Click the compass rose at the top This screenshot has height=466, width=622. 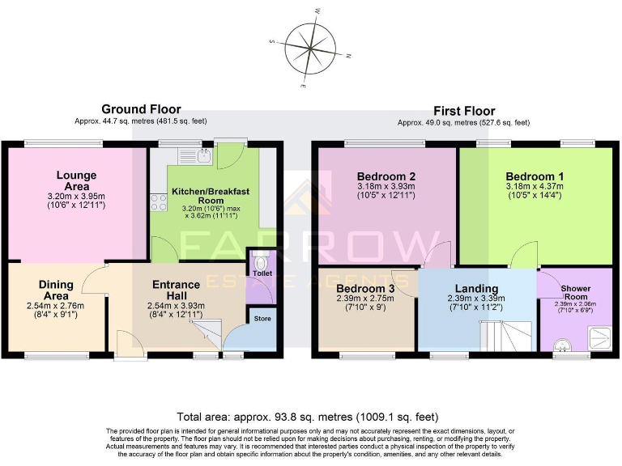point(310,47)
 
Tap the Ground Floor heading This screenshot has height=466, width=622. point(141,109)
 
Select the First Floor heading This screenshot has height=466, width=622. point(464,111)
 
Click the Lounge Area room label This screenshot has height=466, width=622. point(77,180)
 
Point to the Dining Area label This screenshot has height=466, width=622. point(56,290)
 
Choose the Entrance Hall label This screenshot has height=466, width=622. point(176,290)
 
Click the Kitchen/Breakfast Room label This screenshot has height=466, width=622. point(210,196)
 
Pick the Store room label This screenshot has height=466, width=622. point(262,319)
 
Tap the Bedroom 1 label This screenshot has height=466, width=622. point(535,176)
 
